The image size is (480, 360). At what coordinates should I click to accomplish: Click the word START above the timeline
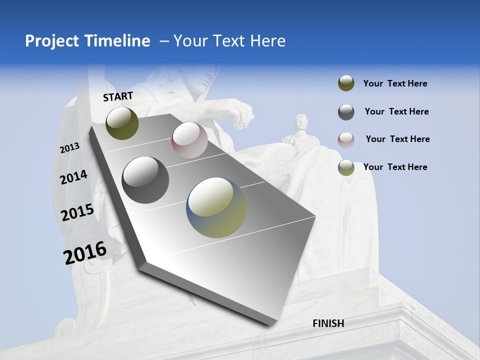(x=118, y=96)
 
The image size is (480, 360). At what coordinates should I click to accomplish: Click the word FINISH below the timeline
(x=328, y=323)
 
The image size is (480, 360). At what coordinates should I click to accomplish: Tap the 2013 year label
(x=70, y=147)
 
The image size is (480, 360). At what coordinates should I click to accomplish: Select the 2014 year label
(x=73, y=177)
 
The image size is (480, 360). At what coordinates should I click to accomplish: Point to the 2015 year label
(x=77, y=212)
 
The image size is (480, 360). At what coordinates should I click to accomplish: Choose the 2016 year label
(x=85, y=252)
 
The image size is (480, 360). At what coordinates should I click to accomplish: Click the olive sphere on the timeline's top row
(x=122, y=123)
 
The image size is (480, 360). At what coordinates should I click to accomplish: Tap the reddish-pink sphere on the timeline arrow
(x=189, y=140)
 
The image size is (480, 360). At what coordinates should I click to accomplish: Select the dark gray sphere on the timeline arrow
(x=145, y=180)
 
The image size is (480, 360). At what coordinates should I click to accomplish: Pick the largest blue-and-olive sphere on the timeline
(x=216, y=207)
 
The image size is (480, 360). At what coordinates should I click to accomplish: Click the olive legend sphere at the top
(x=346, y=83)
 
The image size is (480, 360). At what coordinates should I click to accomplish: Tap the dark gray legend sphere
(x=346, y=112)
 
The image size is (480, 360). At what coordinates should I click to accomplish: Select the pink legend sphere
(x=346, y=139)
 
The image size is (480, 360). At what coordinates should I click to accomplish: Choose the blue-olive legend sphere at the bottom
(x=346, y=167)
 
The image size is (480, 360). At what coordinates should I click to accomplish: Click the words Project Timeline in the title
(x=87, y=41)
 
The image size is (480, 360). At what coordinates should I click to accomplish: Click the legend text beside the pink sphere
(x=397, y=139)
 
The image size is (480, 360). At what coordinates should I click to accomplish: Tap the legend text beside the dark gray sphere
(x=396, y=111)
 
